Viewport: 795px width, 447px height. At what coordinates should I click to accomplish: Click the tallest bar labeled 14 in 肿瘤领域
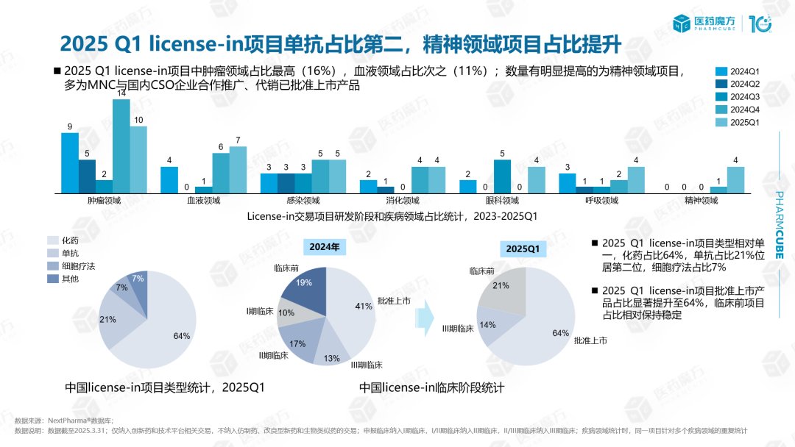click(x=121, y=146)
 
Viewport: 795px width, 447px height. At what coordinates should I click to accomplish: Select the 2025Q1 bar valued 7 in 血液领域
click(x=238, y=170)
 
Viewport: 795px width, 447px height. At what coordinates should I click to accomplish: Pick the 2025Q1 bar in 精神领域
click(x=735, y=180)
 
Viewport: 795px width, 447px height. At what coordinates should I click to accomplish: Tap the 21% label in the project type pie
click(x=108, y=320)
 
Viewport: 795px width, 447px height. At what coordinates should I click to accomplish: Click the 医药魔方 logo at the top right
click(x=708, y=24)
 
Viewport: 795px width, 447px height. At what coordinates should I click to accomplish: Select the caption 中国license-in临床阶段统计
click(x=431, y=387)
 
